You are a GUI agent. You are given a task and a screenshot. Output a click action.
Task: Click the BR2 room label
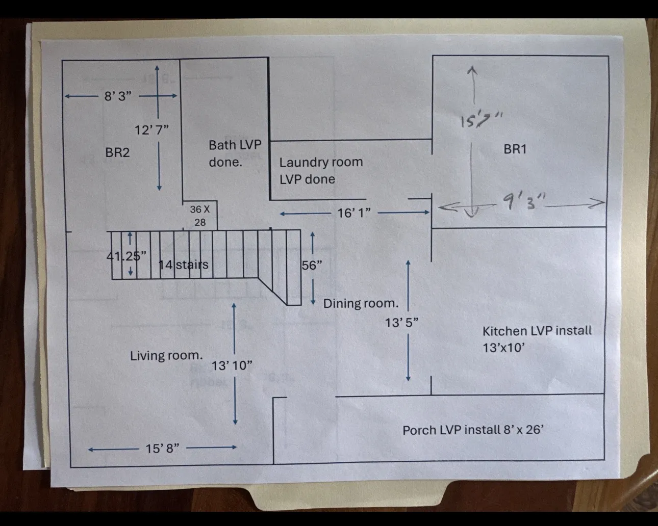coord(117,152)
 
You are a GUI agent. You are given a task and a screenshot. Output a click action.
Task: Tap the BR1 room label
coord(515,149)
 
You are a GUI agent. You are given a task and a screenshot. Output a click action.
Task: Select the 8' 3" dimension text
coord(118,96)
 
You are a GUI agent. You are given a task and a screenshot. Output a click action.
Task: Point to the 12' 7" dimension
coord(151,130)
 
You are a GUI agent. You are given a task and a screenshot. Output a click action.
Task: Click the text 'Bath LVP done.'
coord(235,153)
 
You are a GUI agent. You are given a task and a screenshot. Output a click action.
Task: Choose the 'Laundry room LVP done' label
coord(321,171)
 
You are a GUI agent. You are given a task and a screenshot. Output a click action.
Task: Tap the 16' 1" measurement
coord(354,213)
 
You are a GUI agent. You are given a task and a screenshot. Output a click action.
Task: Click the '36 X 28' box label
coord(200,216)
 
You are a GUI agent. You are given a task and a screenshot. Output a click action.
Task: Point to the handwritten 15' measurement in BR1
coord(482,120)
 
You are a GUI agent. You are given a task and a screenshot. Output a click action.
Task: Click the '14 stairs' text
coord(184,265)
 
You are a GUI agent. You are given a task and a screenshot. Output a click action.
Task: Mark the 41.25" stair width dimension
coord(126,256)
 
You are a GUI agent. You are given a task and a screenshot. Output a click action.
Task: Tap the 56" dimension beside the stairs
coord(312,265)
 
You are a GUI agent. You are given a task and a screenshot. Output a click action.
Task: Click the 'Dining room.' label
coord(361,303)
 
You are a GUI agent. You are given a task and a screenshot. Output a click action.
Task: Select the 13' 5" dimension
coord(401,323)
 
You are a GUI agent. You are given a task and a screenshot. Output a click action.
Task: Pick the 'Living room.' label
coord(167,355)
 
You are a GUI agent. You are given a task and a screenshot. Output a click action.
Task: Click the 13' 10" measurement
coord(232,365)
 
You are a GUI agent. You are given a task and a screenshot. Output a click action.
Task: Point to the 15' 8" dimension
coord(162,449)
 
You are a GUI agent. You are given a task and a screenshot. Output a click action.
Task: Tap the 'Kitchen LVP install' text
coord(537,331)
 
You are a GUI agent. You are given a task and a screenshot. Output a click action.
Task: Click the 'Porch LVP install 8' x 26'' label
coord(473,430)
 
